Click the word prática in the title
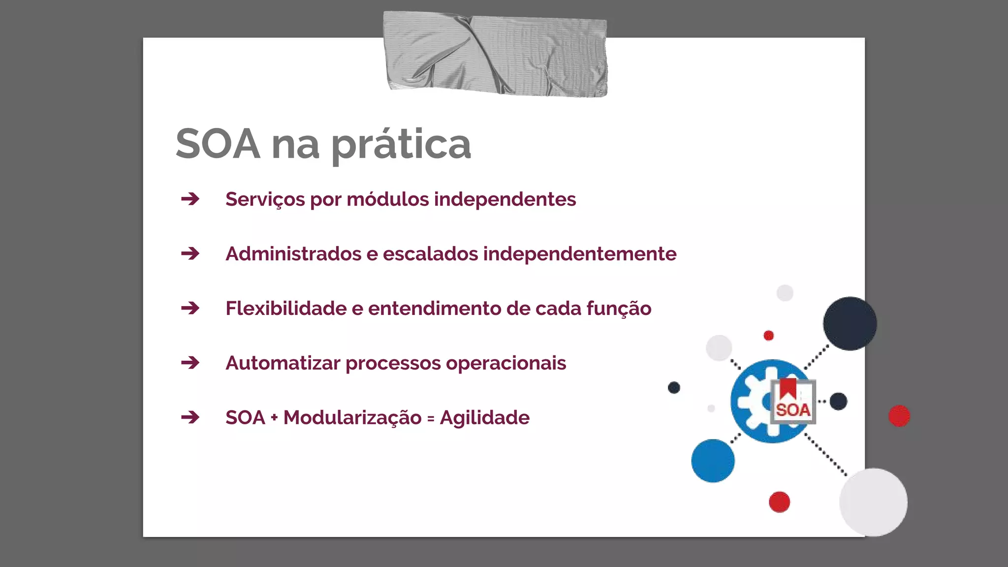(x=401, y=144)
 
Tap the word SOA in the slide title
(x=218, y=144)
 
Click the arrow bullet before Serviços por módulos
(x=190, y=199)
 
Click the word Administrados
(x=293, y=254)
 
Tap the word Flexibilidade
(x=286, y=309)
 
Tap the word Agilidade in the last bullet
(x=484, y=418)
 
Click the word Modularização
(x=352, y=418)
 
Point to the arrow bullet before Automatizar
(x=190, y=363)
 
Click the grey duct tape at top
(x=495, y=54)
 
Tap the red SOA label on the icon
(x=793, y=410)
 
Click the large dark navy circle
(x=850, y=323)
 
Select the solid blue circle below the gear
(x=713, y=461)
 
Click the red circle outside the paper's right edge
(x=899, y=416)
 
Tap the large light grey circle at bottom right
(x=873, y=502)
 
